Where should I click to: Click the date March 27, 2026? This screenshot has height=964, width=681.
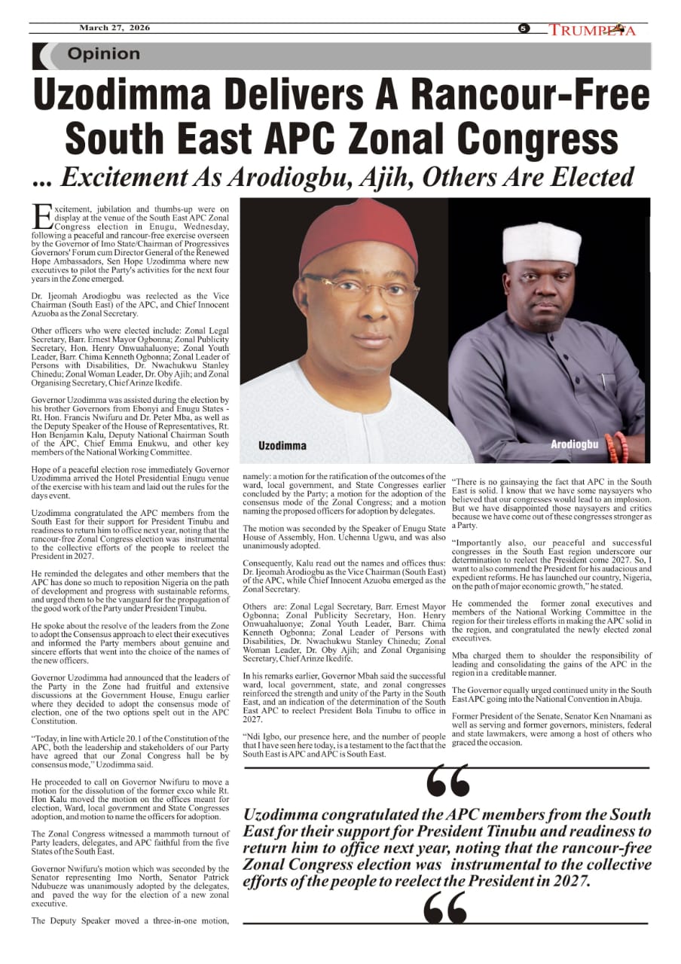pos(114,28)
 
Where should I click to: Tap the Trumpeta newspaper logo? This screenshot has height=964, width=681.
pos(592,30)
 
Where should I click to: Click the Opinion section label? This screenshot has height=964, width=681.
pos(103,54)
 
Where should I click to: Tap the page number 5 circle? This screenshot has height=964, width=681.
pos(524,29)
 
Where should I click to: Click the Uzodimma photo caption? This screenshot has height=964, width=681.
pos(282,446)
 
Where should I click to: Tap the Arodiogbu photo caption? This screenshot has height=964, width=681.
pos(574,444)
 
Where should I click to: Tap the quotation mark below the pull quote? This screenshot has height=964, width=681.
pos(445,908)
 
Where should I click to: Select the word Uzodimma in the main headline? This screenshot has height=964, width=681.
pos(148,96)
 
